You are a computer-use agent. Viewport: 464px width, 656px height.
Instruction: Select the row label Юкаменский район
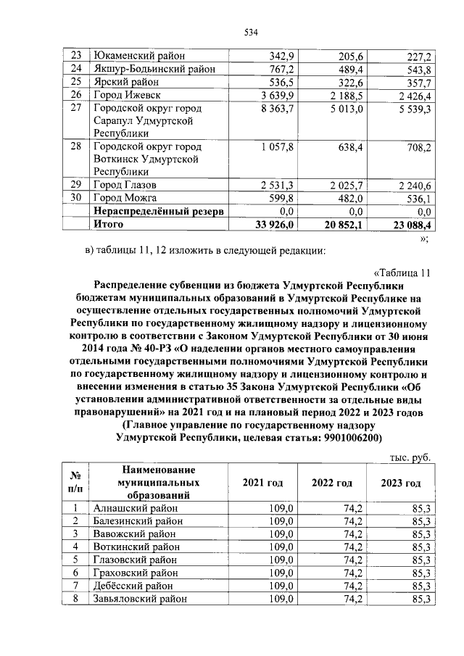pos(138,56)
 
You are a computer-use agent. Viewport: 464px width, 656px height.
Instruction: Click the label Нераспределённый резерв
pos(158,212)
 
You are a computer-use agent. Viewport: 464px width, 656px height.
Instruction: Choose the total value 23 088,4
pos(409,225)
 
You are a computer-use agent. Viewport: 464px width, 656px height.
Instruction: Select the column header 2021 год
pos(262,483)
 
